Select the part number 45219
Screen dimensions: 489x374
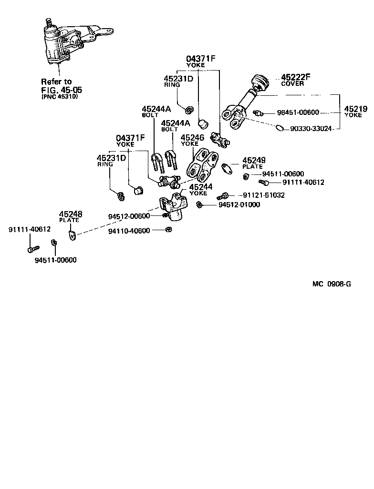click(355, 109)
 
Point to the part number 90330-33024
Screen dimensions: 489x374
click(312, 129)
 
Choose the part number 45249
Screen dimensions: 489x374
click(254, 160)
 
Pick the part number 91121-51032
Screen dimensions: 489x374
click(263, 195)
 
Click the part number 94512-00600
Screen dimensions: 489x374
click(129, 216)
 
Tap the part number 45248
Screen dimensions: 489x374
click(71, 214)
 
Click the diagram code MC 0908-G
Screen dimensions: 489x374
click(332, 284)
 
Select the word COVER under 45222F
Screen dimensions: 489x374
click(292, 83)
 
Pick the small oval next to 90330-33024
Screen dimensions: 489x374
click(280, 128)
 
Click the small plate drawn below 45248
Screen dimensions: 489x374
click(72, 235)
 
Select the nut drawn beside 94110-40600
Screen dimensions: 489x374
click(169, 230)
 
